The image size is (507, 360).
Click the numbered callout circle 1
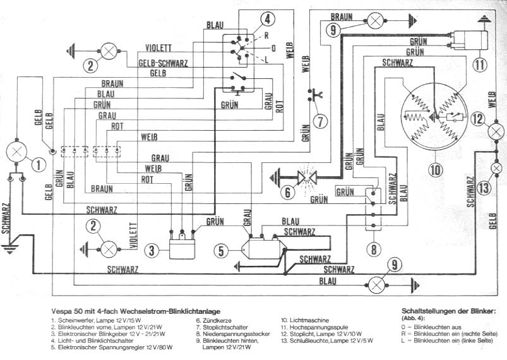39,165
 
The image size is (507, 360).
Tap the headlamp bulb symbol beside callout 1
16,152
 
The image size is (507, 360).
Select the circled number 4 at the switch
268,20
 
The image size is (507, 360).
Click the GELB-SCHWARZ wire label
163,63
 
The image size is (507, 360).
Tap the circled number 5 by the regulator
221,251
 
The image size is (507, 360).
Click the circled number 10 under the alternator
436,170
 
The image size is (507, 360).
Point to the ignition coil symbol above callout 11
471,40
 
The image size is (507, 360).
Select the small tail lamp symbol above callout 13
496,168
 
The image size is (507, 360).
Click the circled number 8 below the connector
374,249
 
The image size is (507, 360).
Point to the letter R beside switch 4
266,35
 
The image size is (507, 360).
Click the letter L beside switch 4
266,60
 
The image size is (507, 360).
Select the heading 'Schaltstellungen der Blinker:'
449,311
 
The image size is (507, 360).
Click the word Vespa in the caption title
61,311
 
